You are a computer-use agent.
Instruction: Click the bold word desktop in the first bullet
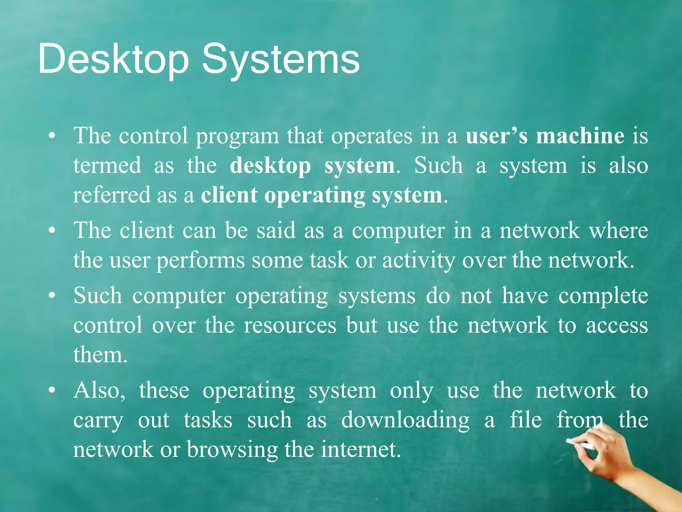pos(270,166)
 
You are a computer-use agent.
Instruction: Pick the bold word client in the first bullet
pos(229,195)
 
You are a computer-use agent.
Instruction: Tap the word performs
pos(200,261)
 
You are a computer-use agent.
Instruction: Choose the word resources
pos(290,326)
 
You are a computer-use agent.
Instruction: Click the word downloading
pos(405,420)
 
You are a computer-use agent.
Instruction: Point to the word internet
pos(361,449)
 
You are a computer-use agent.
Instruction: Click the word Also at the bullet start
pos(99,391)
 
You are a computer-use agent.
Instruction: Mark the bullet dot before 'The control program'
pos(51,136)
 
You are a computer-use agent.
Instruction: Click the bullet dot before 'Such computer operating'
pos(51,296)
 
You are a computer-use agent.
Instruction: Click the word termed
pos(107,166)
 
